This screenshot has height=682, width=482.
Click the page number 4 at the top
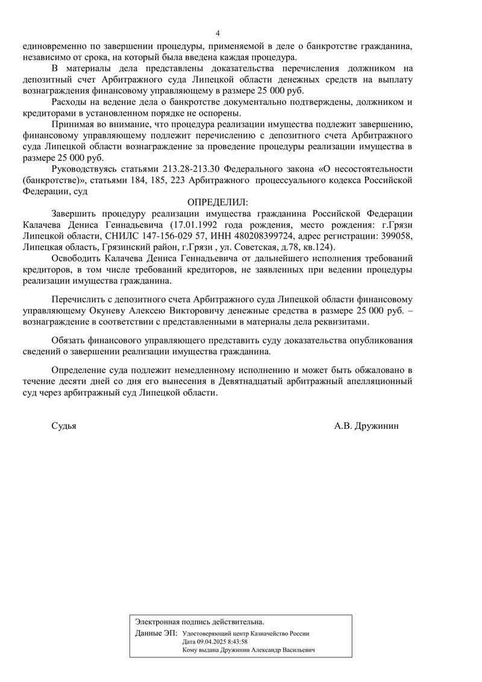(218, 33)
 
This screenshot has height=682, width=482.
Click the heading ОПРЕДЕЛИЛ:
(218, 201)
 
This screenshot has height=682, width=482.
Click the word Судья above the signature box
(64, 426)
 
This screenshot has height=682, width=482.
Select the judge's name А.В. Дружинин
(366, 426)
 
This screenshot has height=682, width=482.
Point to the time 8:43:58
(236, 642)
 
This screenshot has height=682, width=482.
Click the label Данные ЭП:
(157, 633)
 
